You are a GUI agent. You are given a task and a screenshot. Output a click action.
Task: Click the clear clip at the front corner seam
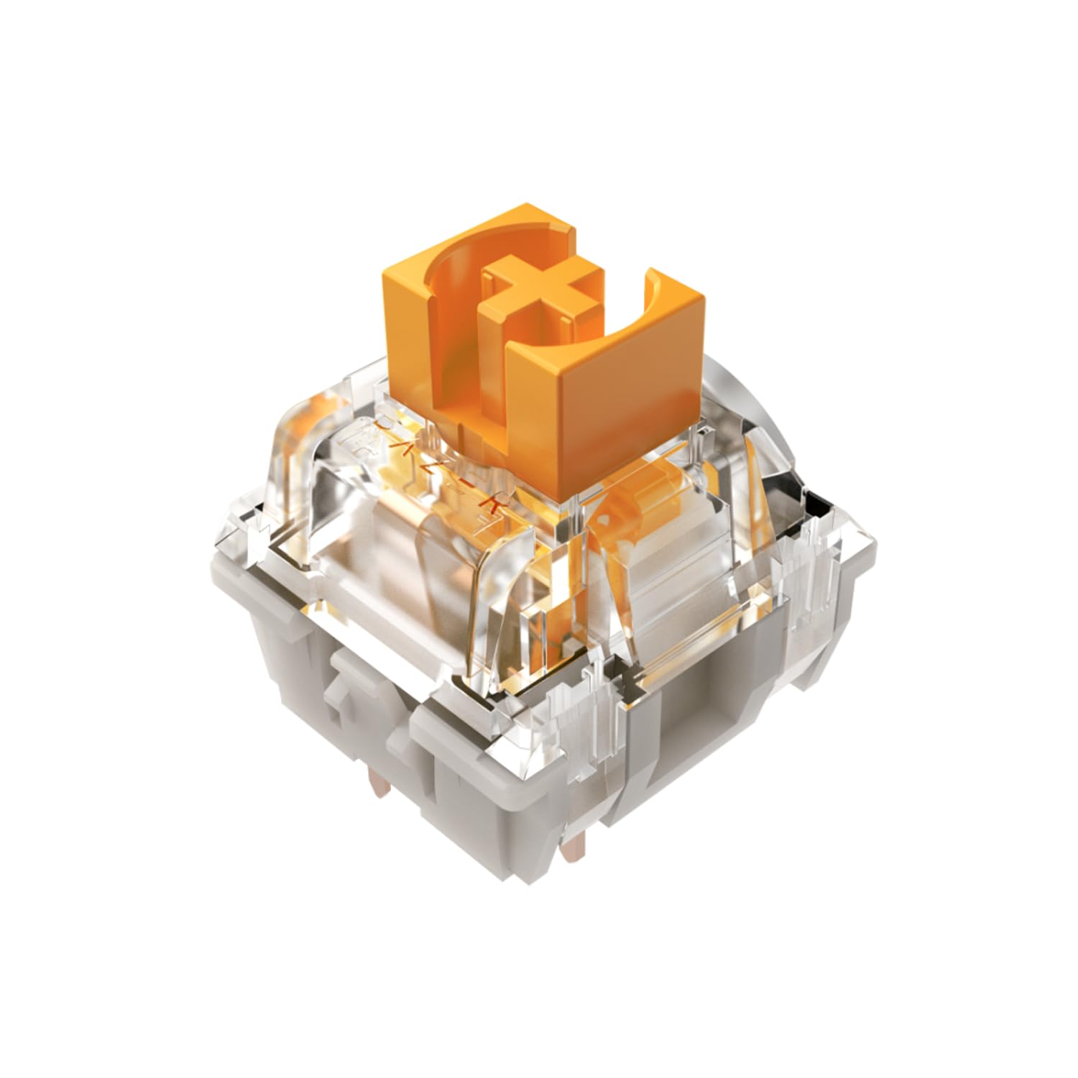pos(575,690)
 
